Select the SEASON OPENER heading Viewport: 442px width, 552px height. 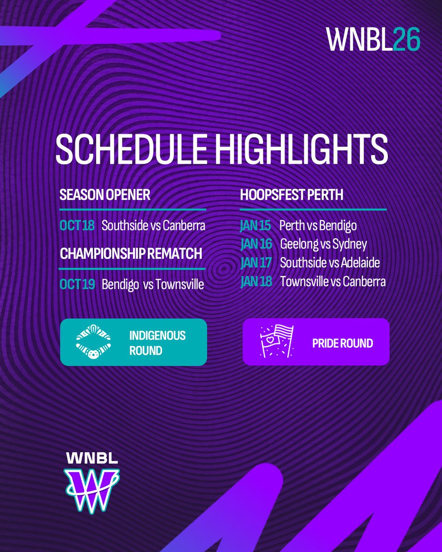tap(105, 195)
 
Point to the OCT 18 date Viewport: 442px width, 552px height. tap(76, 226)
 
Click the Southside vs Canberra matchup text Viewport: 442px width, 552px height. tap(153, 226)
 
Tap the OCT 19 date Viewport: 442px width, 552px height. tap(77, 285)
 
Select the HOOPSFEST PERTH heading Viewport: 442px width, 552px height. tap(291, 195)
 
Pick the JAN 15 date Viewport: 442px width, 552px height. tap(256, 226)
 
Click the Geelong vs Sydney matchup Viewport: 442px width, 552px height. tap(323, 244)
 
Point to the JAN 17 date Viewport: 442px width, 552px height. tap(256, 263)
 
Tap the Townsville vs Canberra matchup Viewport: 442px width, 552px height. tap(332, 282)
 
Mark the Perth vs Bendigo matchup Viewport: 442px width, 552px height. tap(318, 226)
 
